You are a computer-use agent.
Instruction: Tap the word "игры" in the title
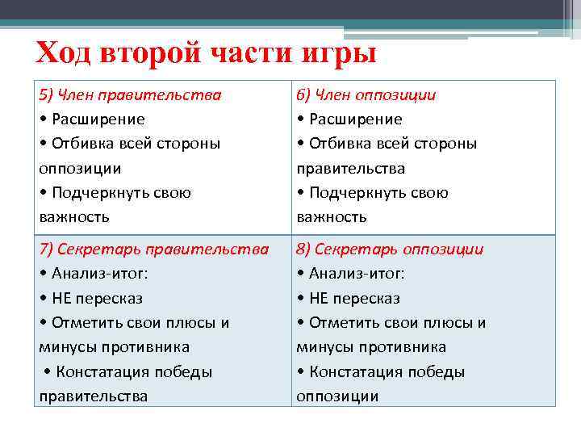(343, 54)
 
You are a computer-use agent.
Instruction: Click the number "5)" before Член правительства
(45, 95)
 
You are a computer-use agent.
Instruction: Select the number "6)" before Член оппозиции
(303, 95)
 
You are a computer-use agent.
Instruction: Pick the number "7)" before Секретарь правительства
(45, 249)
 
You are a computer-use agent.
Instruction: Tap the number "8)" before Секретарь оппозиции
(303, 249)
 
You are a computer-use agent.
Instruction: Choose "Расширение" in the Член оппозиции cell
(356, 119)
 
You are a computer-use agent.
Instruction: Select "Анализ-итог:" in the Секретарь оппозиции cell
(357, 274)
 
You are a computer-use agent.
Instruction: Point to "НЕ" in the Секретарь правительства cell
(62, 298)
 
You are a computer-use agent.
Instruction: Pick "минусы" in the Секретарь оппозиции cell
(321, 347)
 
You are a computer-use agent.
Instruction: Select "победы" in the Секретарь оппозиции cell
(436, 372)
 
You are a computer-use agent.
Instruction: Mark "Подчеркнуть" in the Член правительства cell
(98, 193)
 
